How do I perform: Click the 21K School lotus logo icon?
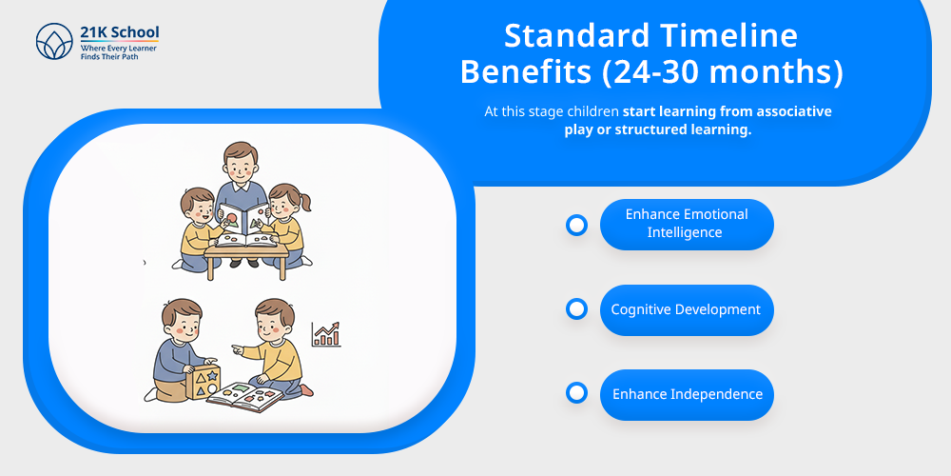[x=54, y=41]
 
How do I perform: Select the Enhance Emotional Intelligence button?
[x=687, y=224]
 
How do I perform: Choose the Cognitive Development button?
[x=687, y=309]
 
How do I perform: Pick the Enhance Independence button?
[x=687, y=395]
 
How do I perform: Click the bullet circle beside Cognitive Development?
[x=577, y=309]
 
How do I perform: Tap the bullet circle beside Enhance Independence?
[x=577, y=393]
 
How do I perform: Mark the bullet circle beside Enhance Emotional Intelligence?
[x=577, y=226]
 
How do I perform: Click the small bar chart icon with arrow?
[x=325, y=334]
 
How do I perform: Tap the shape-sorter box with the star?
[x=203, y=382]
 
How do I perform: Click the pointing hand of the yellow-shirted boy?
[x=238, y=349]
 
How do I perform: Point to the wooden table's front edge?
[x=245, y=250]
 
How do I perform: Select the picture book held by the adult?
[x=243, y=219]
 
